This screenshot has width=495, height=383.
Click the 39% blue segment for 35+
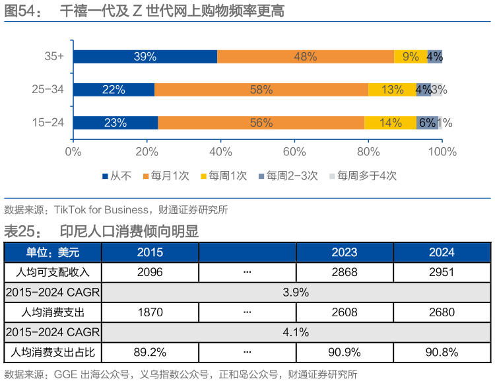145,57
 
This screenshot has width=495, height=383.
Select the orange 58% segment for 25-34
261,90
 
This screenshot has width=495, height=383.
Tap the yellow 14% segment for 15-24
390,123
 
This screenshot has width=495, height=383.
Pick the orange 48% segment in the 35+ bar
306,57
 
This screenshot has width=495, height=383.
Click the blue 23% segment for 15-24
115,123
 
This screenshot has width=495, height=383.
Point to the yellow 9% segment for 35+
410,57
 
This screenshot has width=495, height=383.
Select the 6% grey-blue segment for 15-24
427,123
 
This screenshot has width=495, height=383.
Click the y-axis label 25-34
48,90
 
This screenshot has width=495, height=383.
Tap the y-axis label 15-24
48,123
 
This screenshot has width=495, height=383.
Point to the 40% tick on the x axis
220,152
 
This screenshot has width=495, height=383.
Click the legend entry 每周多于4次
362,176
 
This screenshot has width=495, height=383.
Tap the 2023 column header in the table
345,252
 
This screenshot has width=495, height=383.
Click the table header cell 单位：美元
53,252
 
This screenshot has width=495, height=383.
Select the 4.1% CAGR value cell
296,332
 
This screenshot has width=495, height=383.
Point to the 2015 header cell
150,252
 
